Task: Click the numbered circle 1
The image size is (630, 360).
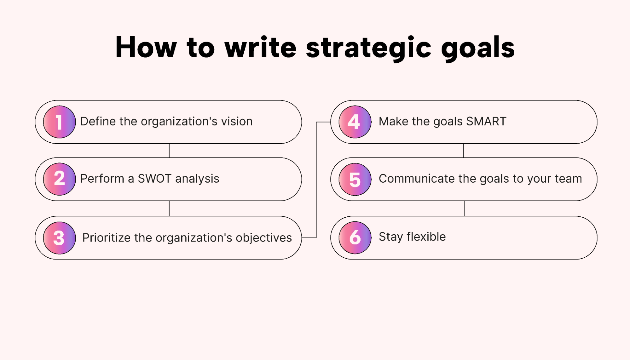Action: click(x=59, y=122)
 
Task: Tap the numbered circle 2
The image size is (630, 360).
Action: click(x=59, y=179)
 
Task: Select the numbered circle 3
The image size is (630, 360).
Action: click(x=59, y=238)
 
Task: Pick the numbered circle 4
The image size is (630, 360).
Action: click(x=355, y=122)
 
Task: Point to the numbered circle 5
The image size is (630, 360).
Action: click(x=355, y=179)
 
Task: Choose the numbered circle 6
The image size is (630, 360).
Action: click(x=355, y=237)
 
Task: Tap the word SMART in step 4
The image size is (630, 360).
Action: click(x=486, y=121)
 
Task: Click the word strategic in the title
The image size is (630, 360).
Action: click(x=368, y=48)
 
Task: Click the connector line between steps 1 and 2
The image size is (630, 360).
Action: click(x=169, y=151)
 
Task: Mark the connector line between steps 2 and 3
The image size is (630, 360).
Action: click(x=169, y=208)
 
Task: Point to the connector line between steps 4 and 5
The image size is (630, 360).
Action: click(x=463, y=151)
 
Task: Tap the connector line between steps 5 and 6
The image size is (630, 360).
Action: click(x=465, y=208)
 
